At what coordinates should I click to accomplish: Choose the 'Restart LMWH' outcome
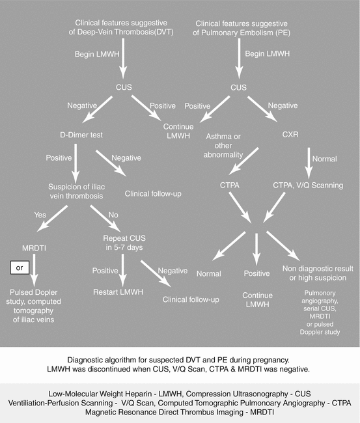[119, 293]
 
